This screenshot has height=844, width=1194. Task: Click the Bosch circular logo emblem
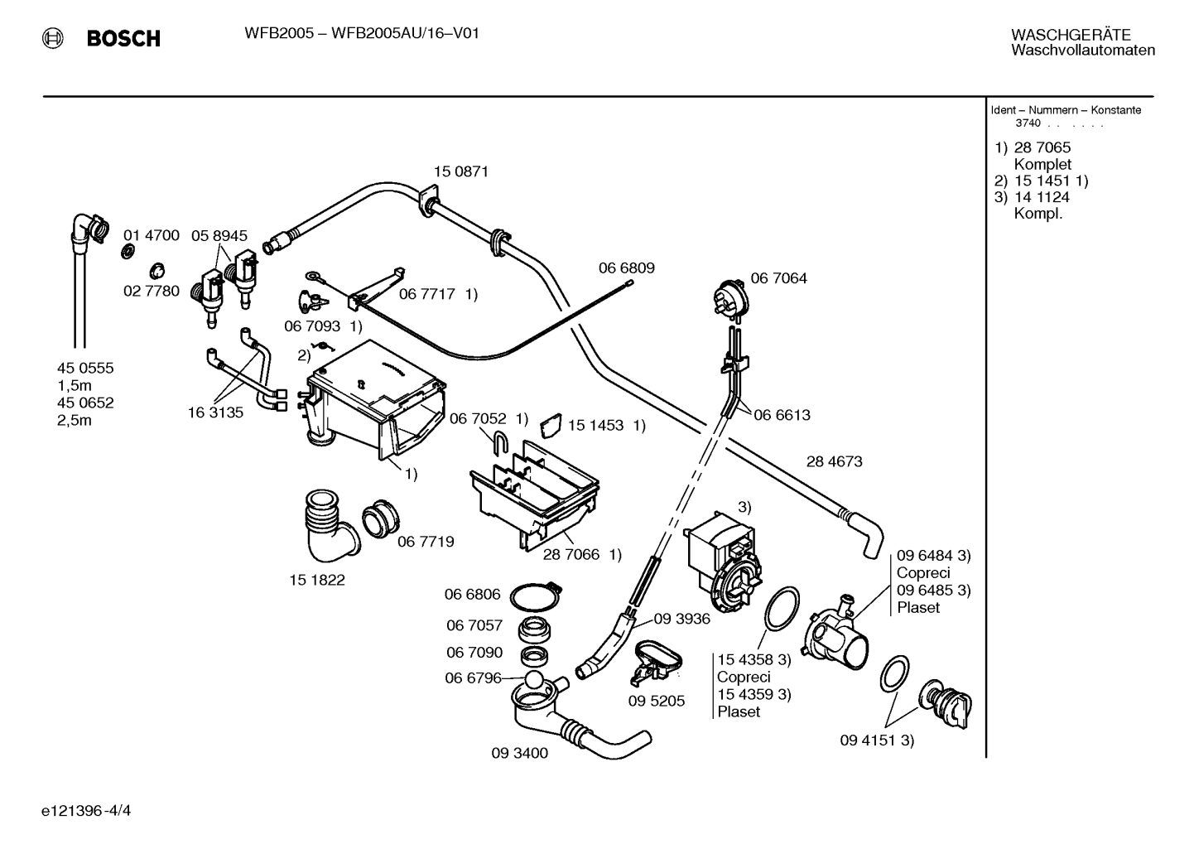coord(52,38)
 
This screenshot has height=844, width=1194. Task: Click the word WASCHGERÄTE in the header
coord(1071,35)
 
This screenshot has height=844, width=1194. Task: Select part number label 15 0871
coord(460,171)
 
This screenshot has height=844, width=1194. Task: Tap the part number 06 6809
coord(626,268)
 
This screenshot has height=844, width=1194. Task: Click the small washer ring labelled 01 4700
coord(128,251)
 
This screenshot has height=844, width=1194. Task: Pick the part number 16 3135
coord(215,412)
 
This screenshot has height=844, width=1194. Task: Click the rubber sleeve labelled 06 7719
coord(381,518)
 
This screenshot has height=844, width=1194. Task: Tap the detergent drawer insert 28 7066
coord(534,494)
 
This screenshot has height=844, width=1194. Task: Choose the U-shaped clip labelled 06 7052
coord(500,442)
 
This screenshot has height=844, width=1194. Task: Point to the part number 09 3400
coord(520,753)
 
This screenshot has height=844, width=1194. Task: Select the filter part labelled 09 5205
coord(656,662)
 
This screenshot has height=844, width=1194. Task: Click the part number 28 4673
coord(834,461)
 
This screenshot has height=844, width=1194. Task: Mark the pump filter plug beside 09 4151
coord(945,703)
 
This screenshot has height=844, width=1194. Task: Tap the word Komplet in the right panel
coord(1042,164)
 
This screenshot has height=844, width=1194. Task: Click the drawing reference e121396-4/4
coord(86,811)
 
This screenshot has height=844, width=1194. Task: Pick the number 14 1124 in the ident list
coord(1042,197)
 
